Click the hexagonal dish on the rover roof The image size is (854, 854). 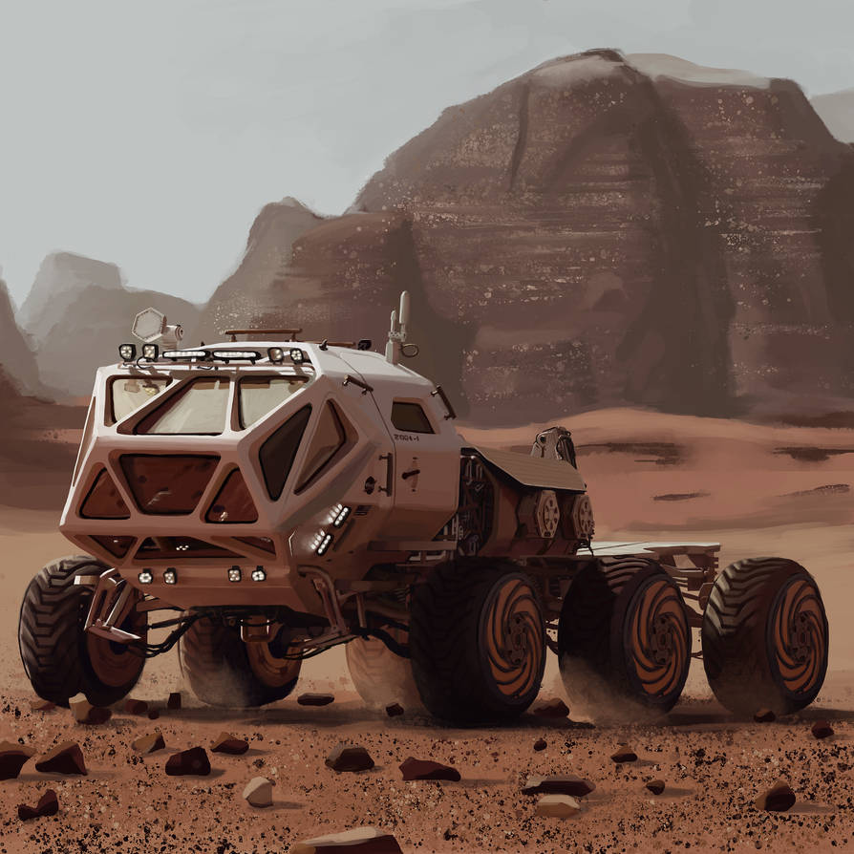coord(148,324)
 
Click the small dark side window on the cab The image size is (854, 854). coord(412,417)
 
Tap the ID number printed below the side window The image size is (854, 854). coord(407,438)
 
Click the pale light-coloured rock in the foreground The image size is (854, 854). coord(258,791)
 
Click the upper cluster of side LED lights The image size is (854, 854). coord(338,515)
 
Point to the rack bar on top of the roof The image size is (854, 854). coord(262,331)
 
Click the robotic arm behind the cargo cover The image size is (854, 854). coord(555,444)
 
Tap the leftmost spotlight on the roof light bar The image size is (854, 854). coord(127,352)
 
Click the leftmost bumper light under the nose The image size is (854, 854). coord(146,576)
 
